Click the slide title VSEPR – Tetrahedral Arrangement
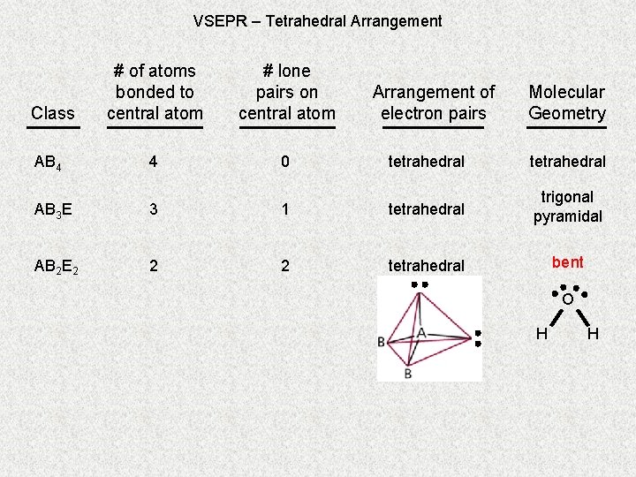tap(317, 20)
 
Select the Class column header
tap(53, 113)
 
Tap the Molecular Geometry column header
tap(567, 102)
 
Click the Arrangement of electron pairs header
tap(434, 102)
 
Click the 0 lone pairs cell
tap(285, 162)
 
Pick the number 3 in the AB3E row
tap(154, 209)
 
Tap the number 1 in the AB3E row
tap(285, 209)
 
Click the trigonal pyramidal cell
tap(567, 207)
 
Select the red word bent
tap(567, 262)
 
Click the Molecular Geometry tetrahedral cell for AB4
tap(567, 162)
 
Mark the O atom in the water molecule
tap(567, 300)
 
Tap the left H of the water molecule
tap(541, 333)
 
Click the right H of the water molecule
tap(593, 333)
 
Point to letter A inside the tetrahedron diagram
tap(421, 332)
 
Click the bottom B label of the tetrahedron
tap(408, 374)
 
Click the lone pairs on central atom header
tap(286, 92)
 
